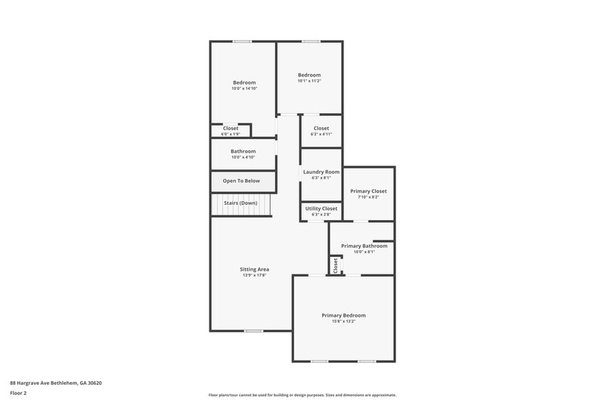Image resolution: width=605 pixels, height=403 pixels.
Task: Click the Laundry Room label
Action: pos(321,172)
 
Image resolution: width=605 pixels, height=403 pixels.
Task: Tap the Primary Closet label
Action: pos(368,191)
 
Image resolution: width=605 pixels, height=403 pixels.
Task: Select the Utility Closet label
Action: pos(321,208)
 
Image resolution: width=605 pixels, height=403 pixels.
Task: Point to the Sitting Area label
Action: pos(254,269)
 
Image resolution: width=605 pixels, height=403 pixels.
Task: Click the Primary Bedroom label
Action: pos(343,315)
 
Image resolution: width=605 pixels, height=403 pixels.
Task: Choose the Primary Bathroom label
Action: pos(364,246)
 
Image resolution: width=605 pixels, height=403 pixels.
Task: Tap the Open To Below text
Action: pos(241,181)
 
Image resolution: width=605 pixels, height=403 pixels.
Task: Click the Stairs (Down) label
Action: pos(240,203)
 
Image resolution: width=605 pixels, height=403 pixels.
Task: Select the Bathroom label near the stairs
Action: pos(244,151)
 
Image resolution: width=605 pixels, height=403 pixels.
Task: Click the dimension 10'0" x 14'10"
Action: pos(244,88)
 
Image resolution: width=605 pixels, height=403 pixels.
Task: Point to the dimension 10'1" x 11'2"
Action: pos(309,81)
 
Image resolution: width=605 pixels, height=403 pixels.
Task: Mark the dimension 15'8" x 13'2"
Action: pos(343,321)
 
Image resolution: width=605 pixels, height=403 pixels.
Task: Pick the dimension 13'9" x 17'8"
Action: pos(254,275)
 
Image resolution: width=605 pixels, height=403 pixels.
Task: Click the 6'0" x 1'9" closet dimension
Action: pos(230,134)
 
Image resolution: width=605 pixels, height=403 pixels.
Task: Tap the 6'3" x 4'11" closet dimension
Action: pos(321,134)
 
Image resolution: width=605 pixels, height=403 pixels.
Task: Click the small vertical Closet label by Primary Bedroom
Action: pos(335,265)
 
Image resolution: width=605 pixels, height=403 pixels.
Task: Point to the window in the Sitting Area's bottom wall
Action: pos(253,330)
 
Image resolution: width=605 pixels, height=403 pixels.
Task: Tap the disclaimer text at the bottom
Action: pos(302,395)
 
